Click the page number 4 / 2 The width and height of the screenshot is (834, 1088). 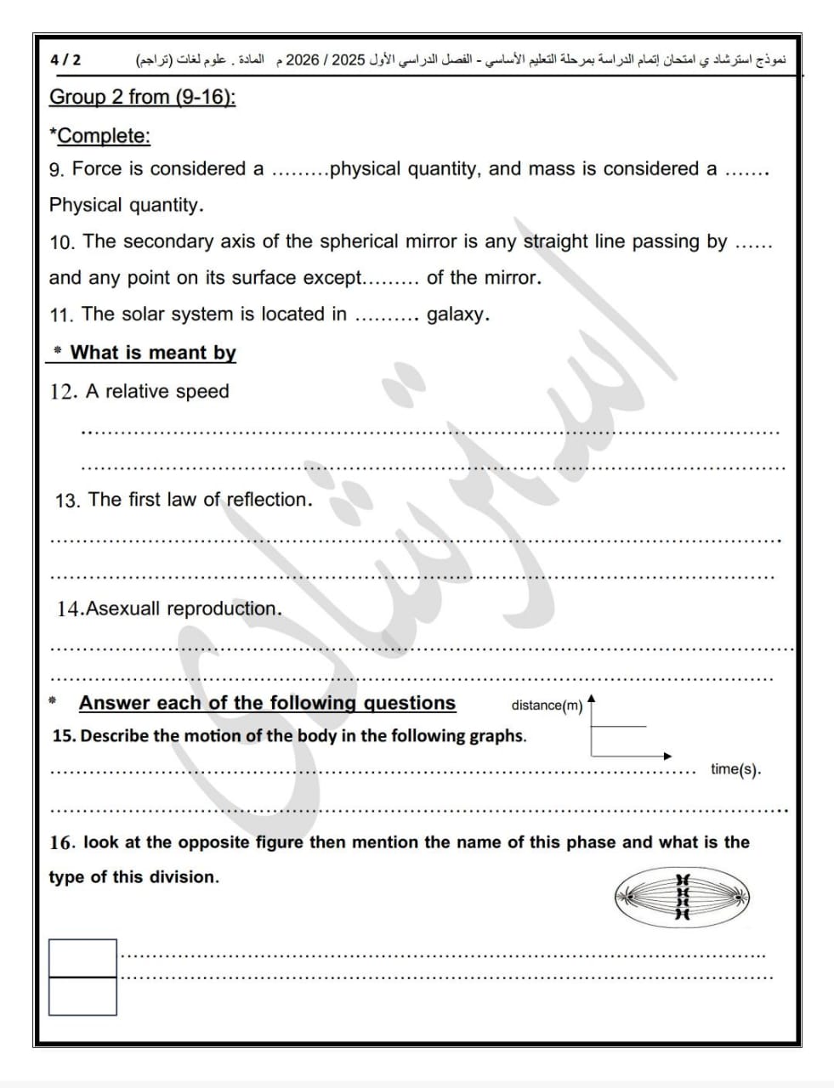click(x=65, y=60)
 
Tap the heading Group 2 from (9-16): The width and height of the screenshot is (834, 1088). click(x=142, y=97)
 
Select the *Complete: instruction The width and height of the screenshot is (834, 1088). click(x=99, y=136)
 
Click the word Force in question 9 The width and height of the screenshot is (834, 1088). click(x=97, y=168)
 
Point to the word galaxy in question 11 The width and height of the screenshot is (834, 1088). click(x=457, y=314)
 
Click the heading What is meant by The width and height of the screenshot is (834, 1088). click(x=153, y=353)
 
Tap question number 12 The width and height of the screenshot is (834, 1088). click(x=64, y=392)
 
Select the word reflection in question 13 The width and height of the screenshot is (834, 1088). click(x=267, y=500)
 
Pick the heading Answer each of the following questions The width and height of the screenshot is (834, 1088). click(x=267, y=703)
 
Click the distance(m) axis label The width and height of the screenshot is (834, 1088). click(x=547, y=705)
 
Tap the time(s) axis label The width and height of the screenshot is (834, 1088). click(x=735, y=770)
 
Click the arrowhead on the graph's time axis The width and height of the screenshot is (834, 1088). click(x=667, y=756)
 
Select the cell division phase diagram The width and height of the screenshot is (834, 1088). click(x=682, y=896)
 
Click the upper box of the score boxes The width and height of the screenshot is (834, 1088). click(x=82, y=958)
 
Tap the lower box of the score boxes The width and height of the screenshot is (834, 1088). click(x=82, y=996)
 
